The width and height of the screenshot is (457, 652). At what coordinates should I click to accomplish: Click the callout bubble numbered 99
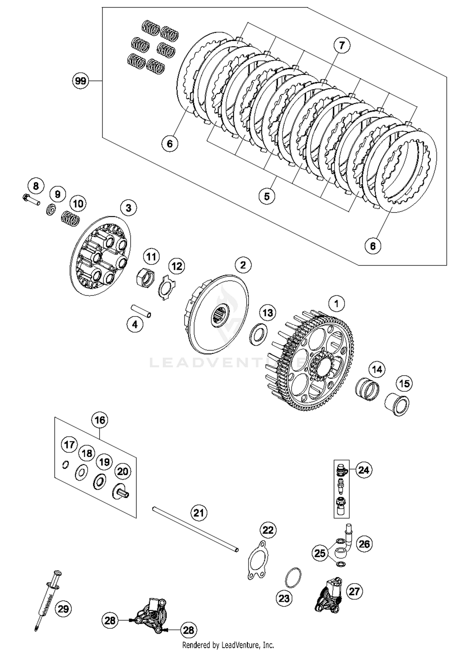click(x=80, y=81)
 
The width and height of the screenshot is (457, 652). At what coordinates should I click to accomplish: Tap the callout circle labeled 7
click(x=342, y=45)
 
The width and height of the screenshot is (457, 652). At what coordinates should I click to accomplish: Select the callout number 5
click(x=267, y=196)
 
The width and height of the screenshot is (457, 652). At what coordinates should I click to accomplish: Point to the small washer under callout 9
click(x=51, y=210)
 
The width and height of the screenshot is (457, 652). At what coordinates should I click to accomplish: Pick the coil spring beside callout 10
click(x=70, y=219)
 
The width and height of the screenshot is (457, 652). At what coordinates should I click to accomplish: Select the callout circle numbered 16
click(x=100, y=420)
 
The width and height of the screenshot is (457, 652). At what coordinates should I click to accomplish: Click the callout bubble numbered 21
click(x=199, y=513)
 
